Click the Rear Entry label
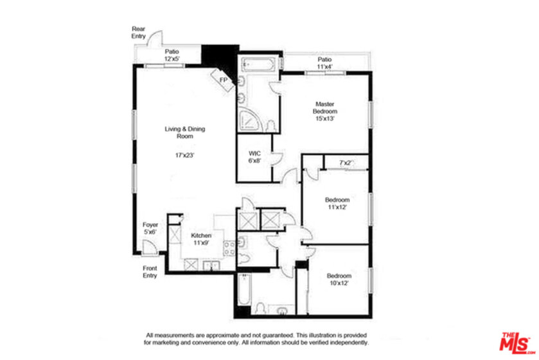tap(139, 32)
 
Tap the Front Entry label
tap(150, 272)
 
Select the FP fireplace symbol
tap(223, 80)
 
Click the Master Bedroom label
tap(325, 107)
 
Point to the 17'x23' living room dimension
tap(185, 155)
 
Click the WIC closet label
tap(254, 154)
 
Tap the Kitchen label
tap(201, 235)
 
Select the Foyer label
tap(150, 225)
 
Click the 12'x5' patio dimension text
tap(172, 59)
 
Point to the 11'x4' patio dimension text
tap(324, 67)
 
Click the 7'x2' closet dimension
tap(346, 163)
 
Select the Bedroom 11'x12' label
tap(337, 203)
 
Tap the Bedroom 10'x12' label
tap(339, 279)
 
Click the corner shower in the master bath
tap(251, 121)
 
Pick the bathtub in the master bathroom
tap(258, 64)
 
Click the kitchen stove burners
tap(229, 248)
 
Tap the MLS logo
tap(517, 343)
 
